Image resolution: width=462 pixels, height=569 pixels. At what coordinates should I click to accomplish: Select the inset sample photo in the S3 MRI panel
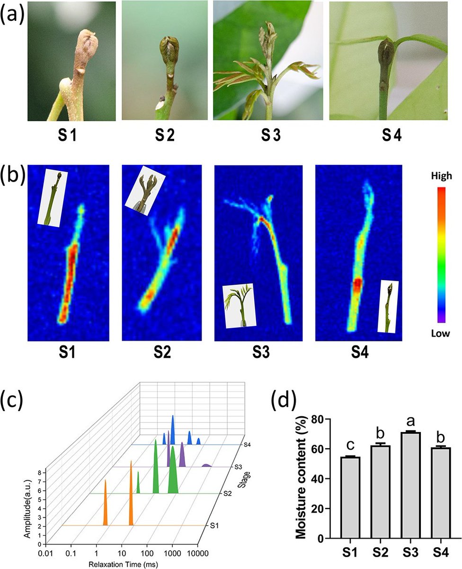pyautogui.click(x=238, y=305)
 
